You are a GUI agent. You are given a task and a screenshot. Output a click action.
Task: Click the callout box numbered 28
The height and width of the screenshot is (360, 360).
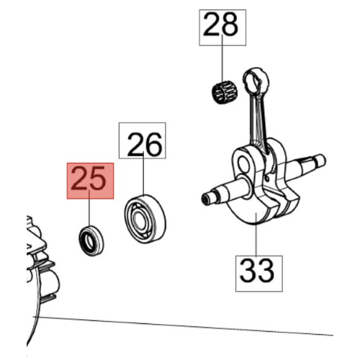(222, 27)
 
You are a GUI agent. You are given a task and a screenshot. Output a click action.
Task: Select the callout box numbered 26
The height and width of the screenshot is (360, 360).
(143, 140)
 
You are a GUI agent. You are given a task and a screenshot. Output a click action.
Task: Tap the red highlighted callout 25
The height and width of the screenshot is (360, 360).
(90, 181)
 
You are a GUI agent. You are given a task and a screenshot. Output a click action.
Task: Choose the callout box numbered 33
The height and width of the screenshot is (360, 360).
(259, 274)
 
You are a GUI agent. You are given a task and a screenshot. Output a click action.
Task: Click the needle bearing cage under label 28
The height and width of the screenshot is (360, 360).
(225, 92)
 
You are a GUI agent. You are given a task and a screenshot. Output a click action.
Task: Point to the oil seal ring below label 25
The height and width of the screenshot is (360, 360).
(91, 241)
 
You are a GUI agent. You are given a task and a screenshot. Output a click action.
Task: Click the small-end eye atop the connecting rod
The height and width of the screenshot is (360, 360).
(256, 80)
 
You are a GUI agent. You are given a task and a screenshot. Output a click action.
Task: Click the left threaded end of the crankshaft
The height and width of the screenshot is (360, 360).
(208, 198)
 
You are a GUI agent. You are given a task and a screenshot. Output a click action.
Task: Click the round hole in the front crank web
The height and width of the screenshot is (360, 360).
(245, 164)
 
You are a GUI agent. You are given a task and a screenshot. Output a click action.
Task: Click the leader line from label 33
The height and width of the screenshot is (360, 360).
(256, 235)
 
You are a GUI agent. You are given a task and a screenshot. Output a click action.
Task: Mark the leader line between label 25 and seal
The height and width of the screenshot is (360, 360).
(89, 208)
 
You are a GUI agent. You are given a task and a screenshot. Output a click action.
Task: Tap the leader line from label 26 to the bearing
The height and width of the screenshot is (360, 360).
(143, 175)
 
